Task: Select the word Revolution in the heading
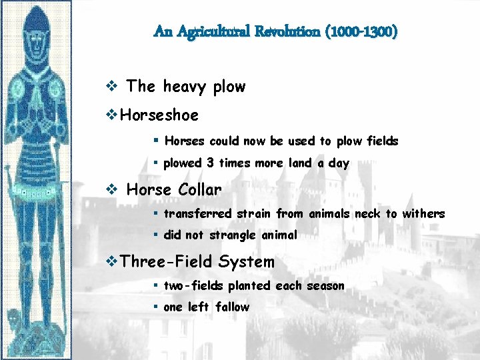[287, 31]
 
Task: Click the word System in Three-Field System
[246, 262]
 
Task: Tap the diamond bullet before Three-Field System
[111, 262]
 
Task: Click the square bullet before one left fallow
[154, 307]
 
